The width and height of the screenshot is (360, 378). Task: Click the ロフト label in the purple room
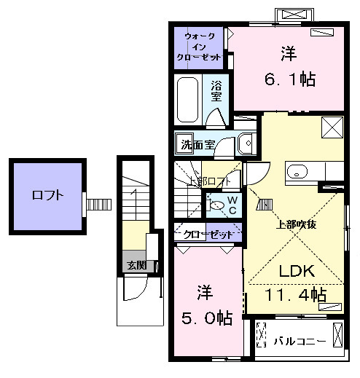47,195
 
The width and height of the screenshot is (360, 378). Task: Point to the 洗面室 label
198,144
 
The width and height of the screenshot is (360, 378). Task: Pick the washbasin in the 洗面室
246,143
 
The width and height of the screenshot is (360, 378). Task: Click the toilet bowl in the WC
216,205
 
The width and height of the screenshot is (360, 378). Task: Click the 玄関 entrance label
136,264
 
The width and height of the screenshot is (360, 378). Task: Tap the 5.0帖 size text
206,318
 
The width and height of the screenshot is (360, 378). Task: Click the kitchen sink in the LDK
297,172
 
